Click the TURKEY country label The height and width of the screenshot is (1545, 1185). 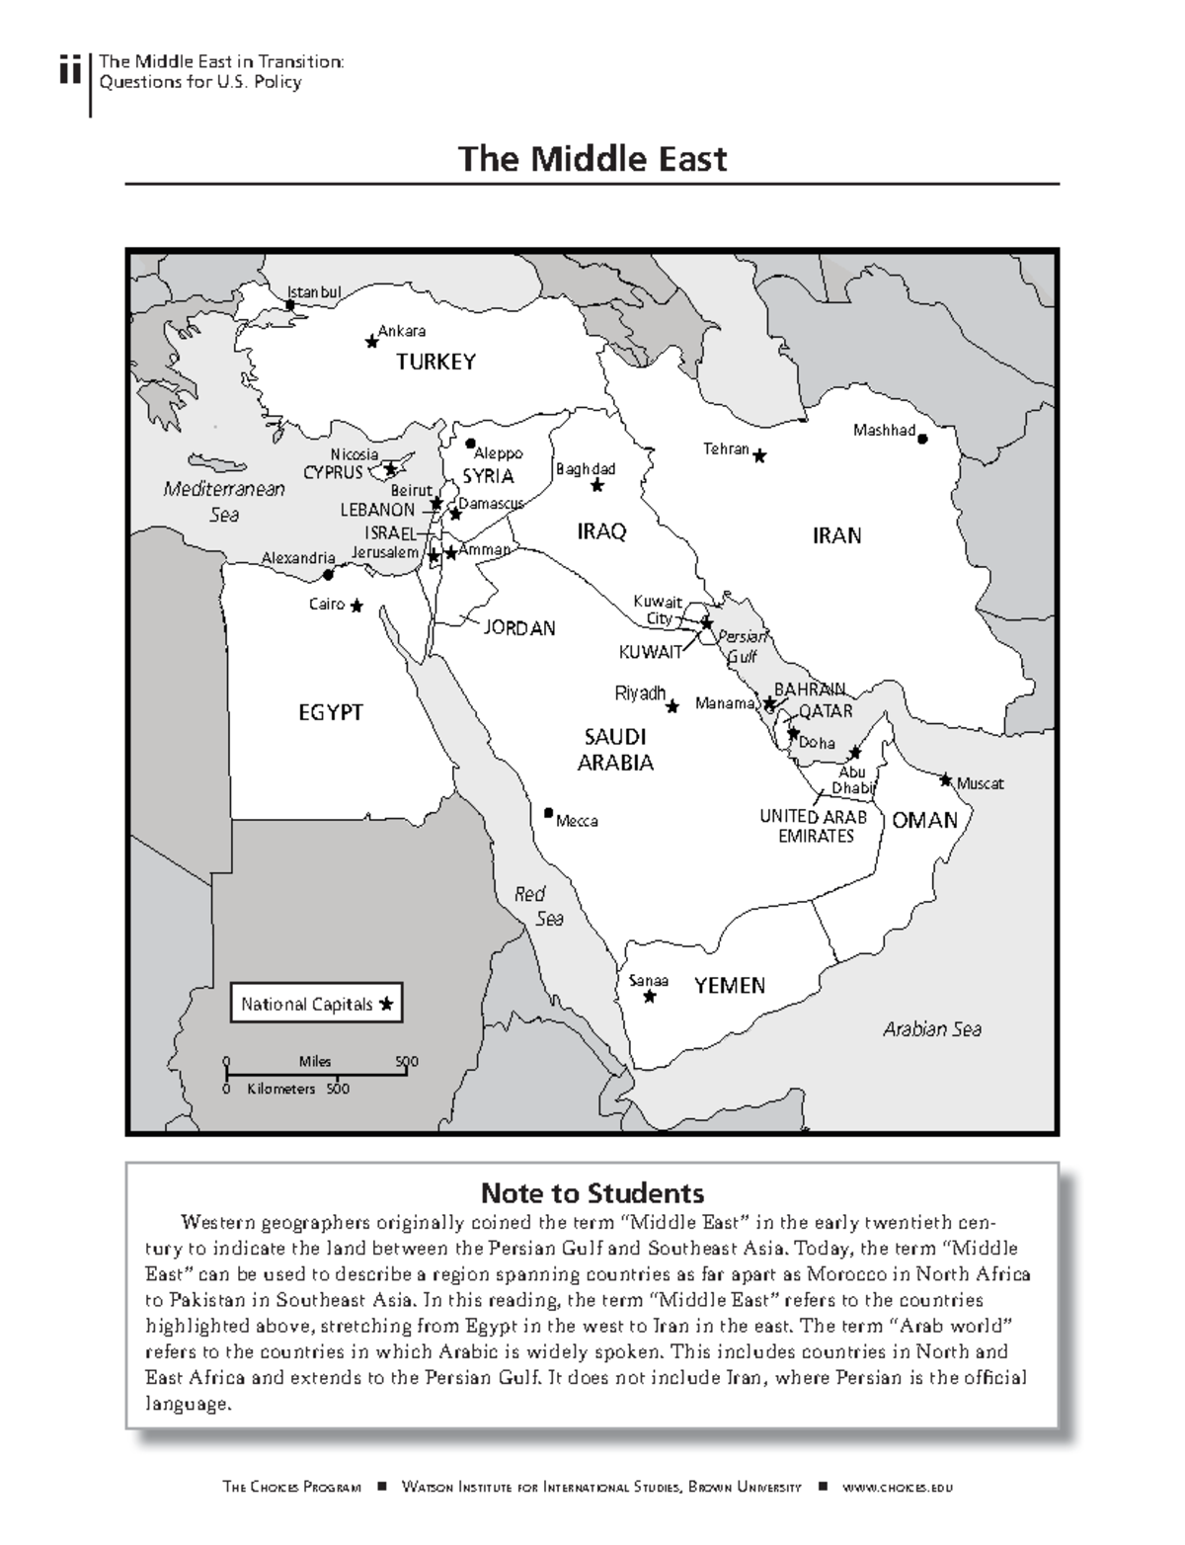tap(435, 362)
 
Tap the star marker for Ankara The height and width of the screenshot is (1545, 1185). tap(371, 342)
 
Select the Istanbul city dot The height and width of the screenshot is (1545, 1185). tap(290, 305)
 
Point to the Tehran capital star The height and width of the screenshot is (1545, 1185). tap(759, 455)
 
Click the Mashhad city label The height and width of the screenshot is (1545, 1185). tap(884, 430)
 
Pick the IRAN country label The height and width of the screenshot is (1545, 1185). tap(836, 535)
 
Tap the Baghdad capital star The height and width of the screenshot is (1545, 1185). tap(596, 486)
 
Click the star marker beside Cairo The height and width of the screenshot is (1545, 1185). tap(355, 606)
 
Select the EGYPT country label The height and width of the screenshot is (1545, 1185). tap(331, 712)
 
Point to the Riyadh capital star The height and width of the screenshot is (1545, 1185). tap(672, 706)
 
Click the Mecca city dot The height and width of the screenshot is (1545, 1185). tap(548, 813)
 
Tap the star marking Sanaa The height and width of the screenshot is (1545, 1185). tap(649, 997)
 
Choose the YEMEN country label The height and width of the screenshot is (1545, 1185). tap(729, 985)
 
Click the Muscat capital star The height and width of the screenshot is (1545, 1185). tap(945, 779)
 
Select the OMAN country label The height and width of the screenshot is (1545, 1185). tap(924, 820)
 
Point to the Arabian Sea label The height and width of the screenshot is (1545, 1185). tap(931, 1029)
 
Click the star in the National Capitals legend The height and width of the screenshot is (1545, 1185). tap(386, 1004)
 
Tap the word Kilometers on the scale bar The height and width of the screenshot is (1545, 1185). tap(281, 1089)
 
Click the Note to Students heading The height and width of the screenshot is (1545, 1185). tap(592, 1192)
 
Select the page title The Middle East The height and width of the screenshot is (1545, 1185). tap(592, 158)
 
